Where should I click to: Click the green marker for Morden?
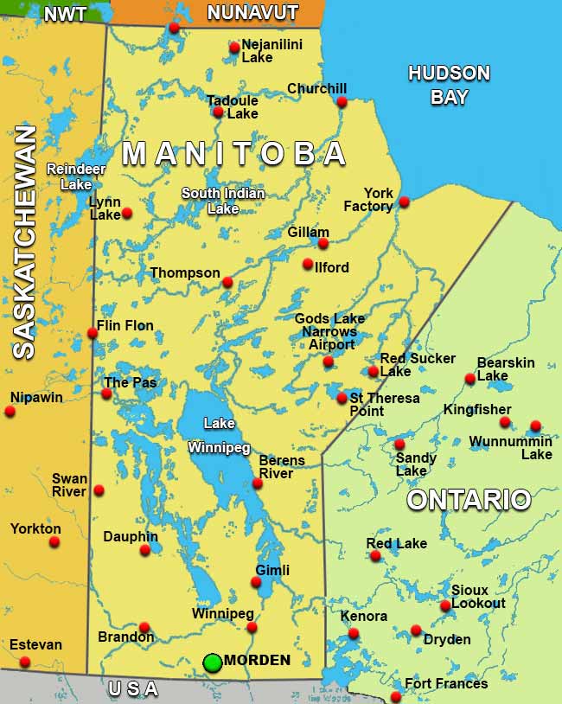(x=212, y=662)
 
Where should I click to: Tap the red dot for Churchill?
(x=342, y=102)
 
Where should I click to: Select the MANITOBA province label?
(x=234, y=154)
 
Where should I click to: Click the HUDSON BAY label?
(x=449, y=85)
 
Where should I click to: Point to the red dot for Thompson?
(x=227, y=282)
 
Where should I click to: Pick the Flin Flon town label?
(x=125, y=326)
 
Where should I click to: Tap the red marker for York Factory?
(x=404, y=202)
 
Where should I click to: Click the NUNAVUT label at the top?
(x=252, y=13)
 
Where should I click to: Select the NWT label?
(x=65, y=14)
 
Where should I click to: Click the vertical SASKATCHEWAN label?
(x=24, y=241)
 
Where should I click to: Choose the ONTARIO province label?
(x=469, y=500)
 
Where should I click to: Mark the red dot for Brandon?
(x=144, y=627)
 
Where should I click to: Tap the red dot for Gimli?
(x=256, y=582)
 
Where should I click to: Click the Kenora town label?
(x=363, y=617)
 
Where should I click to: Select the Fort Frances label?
(x=446, y=683)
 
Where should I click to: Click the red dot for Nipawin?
(x=10, y=412)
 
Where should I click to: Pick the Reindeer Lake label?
(x=69, y=176)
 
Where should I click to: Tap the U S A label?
(x=133, y=688)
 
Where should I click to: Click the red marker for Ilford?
(x=308, y=264)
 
